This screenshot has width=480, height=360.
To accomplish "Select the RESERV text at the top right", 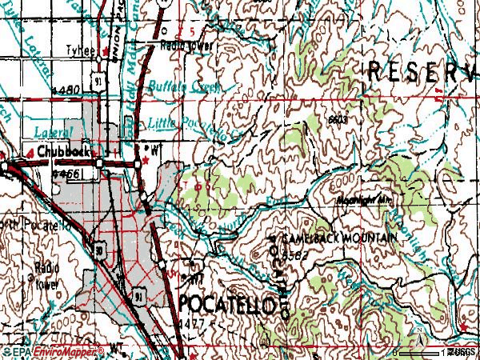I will tap(422, 70).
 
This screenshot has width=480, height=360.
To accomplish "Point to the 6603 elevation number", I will tap(338, 118).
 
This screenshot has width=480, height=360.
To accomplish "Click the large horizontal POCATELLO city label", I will tap(230, 304).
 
